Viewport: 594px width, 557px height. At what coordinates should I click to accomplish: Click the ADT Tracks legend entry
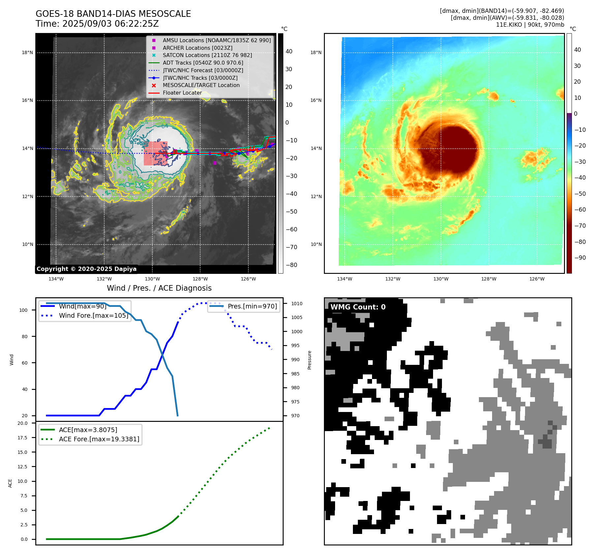(x=203, y=63)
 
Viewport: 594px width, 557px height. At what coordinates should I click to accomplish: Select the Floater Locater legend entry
(x=182, y=93)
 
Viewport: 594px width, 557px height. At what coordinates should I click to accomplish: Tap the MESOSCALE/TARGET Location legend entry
(x=201, y=85)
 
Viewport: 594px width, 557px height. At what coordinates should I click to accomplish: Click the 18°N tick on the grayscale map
(x=27, y=53)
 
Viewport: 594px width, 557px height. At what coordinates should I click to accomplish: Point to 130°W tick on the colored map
(x=441, y=279)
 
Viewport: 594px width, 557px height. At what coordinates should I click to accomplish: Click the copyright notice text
(x=86, y=269)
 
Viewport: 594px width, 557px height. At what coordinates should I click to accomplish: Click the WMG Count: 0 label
(x=358, y=307)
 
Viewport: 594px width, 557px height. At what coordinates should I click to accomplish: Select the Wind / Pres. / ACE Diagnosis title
(x=159, y=288)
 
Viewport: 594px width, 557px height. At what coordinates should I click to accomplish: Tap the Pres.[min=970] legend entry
(x=252, y=307)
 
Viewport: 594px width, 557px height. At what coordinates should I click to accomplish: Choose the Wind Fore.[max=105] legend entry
(x=93, y=316)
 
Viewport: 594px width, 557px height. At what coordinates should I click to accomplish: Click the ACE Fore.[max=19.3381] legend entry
(x=99, y=439)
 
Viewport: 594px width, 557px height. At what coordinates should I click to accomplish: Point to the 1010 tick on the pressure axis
(x=297, y=304)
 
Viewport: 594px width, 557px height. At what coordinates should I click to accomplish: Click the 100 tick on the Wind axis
(x=23, y=310)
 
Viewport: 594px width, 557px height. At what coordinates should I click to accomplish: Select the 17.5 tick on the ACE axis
(x=22, y=438)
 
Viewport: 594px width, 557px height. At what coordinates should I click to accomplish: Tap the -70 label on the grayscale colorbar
(x=291, y=247)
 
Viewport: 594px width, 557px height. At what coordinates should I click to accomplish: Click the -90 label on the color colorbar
(x=580, y=258)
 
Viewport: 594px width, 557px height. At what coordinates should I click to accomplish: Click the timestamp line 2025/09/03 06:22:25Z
(x=97, y=24)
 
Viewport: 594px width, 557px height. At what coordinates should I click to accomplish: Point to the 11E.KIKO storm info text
(x=530, y=25)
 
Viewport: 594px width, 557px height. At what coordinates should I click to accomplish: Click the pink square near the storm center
(x=155, y=153)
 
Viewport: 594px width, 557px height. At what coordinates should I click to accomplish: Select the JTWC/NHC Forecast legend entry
(x=203, y=71)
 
